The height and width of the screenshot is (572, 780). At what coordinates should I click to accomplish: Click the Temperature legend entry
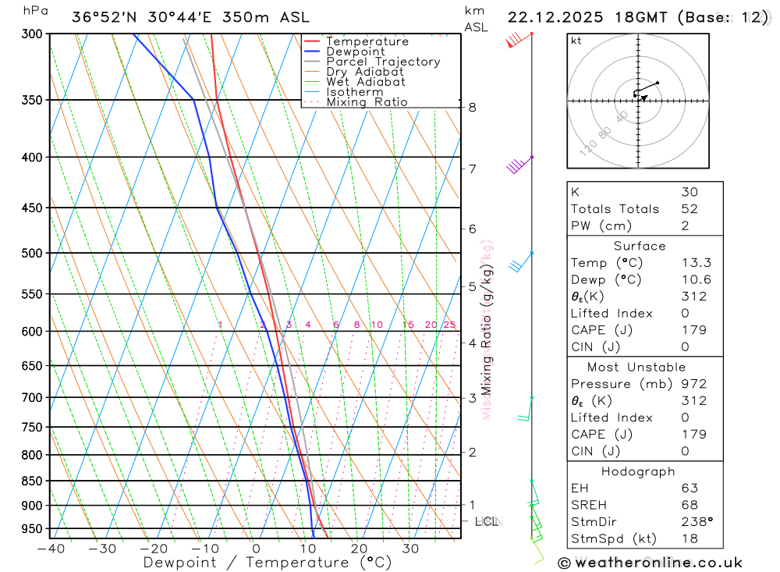367,41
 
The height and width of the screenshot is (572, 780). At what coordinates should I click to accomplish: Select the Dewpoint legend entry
355,52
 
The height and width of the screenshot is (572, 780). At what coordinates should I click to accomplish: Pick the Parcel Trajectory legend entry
382,62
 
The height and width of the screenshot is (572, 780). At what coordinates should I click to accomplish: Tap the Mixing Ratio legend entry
367,102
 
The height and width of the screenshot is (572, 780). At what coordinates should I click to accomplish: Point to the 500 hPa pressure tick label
31,253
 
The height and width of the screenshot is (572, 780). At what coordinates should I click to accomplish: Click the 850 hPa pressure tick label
31,481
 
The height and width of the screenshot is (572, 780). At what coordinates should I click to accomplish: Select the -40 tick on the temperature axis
51,549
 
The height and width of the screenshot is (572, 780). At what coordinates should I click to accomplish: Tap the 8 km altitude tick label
472,107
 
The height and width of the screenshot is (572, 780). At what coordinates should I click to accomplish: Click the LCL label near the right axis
487,520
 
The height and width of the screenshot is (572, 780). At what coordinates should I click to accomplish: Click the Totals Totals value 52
689,209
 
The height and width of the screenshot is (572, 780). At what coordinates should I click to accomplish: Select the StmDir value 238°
697,522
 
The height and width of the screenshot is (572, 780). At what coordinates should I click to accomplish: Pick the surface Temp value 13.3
696,263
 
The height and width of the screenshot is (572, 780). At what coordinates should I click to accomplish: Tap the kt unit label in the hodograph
576,41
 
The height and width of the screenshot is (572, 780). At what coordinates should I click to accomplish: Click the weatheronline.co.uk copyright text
651,563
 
